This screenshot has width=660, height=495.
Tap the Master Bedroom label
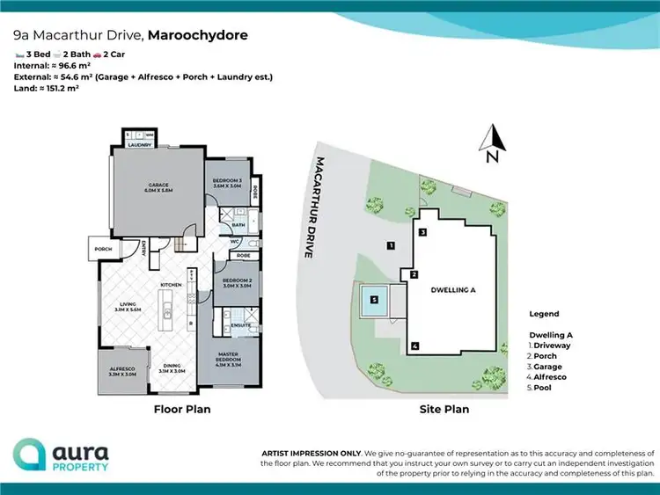pyautogui.click(x=231, y=357)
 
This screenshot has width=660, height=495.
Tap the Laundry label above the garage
pyautogui.click(x=138, y=146)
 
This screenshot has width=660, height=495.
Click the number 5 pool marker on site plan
pyautogui.click(x=374, y=300)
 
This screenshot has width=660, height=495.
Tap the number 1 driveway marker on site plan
pyautogui.click(x=389, y=245)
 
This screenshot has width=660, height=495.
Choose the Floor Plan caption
pyautogui.click(x=180, y=409)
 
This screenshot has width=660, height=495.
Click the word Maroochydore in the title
pyautogui.click(x=198, y=36)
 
